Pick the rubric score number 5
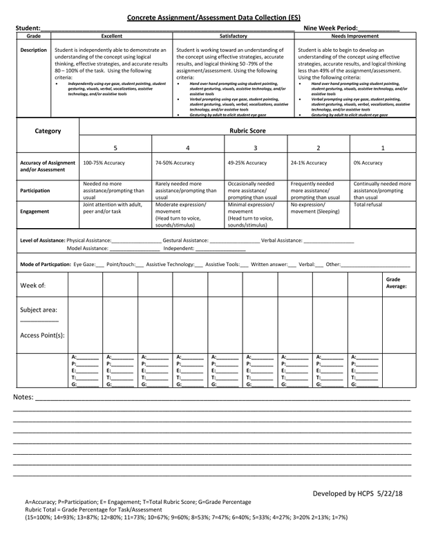(x=115, y=148)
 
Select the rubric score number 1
(x=383, y=148)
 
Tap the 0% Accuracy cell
(x=368, y=163)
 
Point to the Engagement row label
(x=33, y=211)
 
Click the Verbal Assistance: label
(x=282, y=240)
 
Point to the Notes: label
(x=23, y=399)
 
